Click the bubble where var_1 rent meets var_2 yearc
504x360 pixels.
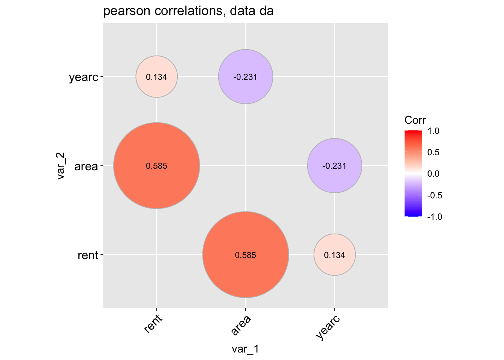pos(156,76)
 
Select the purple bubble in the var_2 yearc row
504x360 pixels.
pos(246,76)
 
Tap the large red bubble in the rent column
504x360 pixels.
pos(156,165)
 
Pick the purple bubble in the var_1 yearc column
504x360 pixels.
pos(334,165)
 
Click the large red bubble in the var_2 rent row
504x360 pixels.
pos(246,255)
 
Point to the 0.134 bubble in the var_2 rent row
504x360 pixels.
pos(334,255)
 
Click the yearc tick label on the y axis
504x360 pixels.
pos(83,78)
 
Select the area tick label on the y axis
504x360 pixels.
pos(86,166)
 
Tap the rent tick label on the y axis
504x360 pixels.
pos(88,255)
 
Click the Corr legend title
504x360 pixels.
pos(415,120)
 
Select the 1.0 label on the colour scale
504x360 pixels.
pos(433,131)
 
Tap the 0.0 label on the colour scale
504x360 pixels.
pos(433,174)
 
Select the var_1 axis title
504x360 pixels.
pos(245,349)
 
